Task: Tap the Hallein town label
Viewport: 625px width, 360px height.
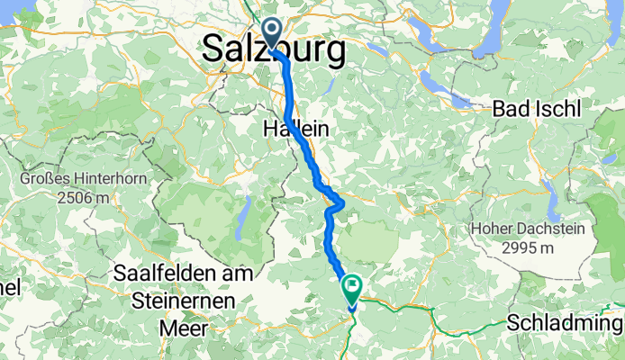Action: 294,130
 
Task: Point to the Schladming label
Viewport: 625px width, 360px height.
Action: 566,323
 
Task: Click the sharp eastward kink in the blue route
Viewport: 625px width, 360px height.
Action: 340,203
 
